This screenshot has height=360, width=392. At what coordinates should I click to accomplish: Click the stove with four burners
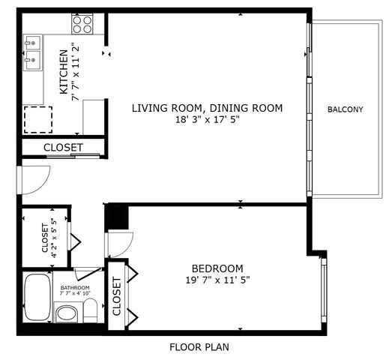(x=82, y=25)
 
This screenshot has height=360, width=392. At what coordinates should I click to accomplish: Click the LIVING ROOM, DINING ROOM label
(x=207, y=108)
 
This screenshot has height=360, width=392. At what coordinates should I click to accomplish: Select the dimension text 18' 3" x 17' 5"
(x=207, y=120)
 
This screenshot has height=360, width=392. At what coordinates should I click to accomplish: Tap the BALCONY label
(x=345, y=109)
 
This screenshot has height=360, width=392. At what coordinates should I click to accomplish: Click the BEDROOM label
(x=217, y=268)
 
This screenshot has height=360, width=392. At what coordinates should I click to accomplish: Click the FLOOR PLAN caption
(x=199, y=347)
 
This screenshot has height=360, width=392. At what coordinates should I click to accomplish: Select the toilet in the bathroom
(x=89, y=310)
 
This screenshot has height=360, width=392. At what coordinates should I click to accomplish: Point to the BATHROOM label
(x=75, y=288)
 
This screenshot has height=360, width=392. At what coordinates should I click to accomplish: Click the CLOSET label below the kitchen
(x=63, y=148)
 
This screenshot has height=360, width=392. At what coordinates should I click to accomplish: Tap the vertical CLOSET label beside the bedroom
(x=117, y=296)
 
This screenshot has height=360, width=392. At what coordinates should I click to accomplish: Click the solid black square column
(x=117, y=217)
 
